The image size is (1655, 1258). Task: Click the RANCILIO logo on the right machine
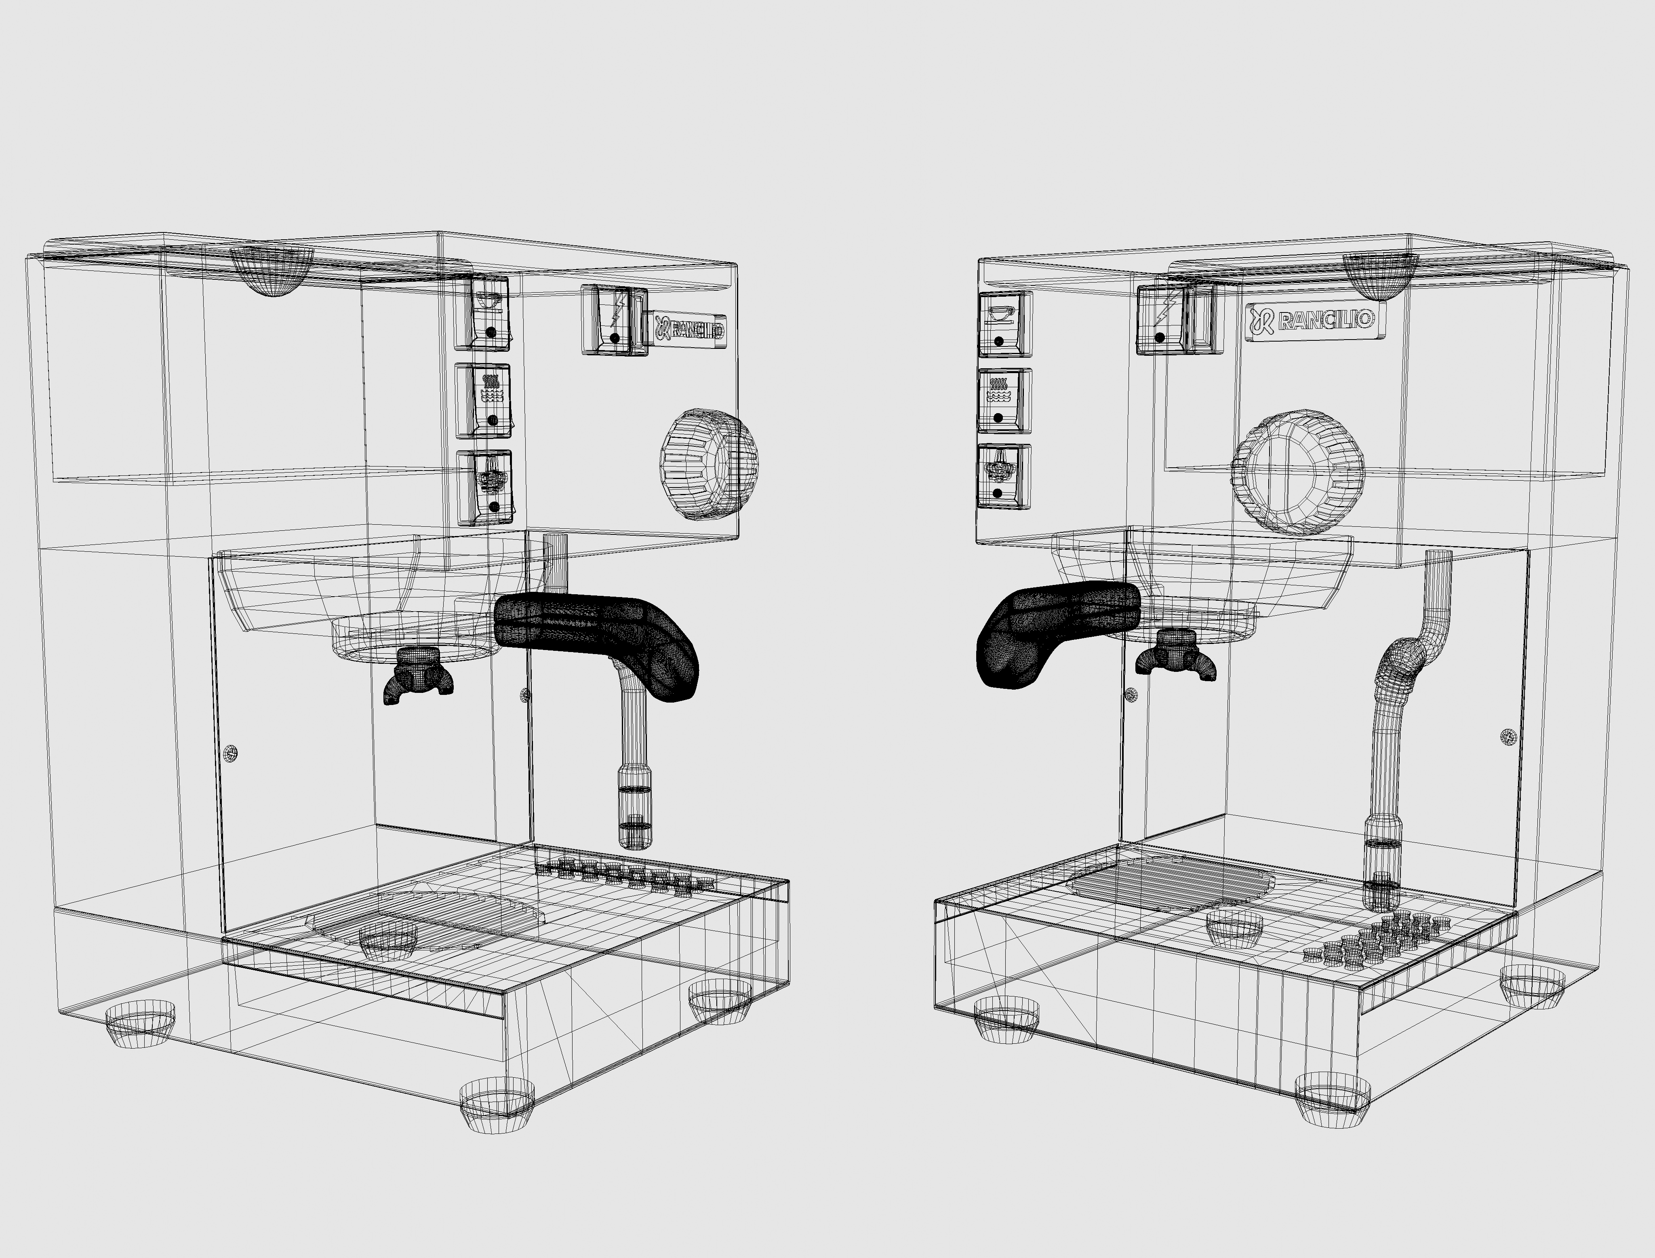[1314, 321]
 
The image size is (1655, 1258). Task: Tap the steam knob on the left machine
[707, 464]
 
